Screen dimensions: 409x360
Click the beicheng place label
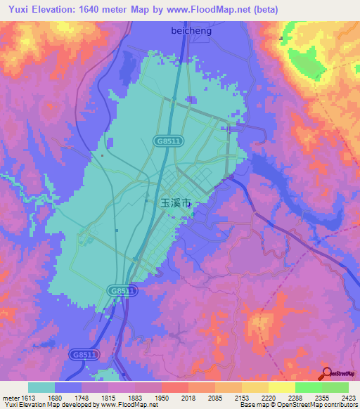pyautogui.click(x=191, y=31)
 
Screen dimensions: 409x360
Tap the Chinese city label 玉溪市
pyautogui.click(x=176, y=202)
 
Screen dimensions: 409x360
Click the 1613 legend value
pyautogui.click(x=28, y=398)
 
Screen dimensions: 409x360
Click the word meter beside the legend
pyautogui.click(x=10, y=398)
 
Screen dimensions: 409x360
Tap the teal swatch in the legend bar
pyautogui.click(x=41, y=387)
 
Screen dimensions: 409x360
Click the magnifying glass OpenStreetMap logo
pyautogui.click(x=327, y=374)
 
